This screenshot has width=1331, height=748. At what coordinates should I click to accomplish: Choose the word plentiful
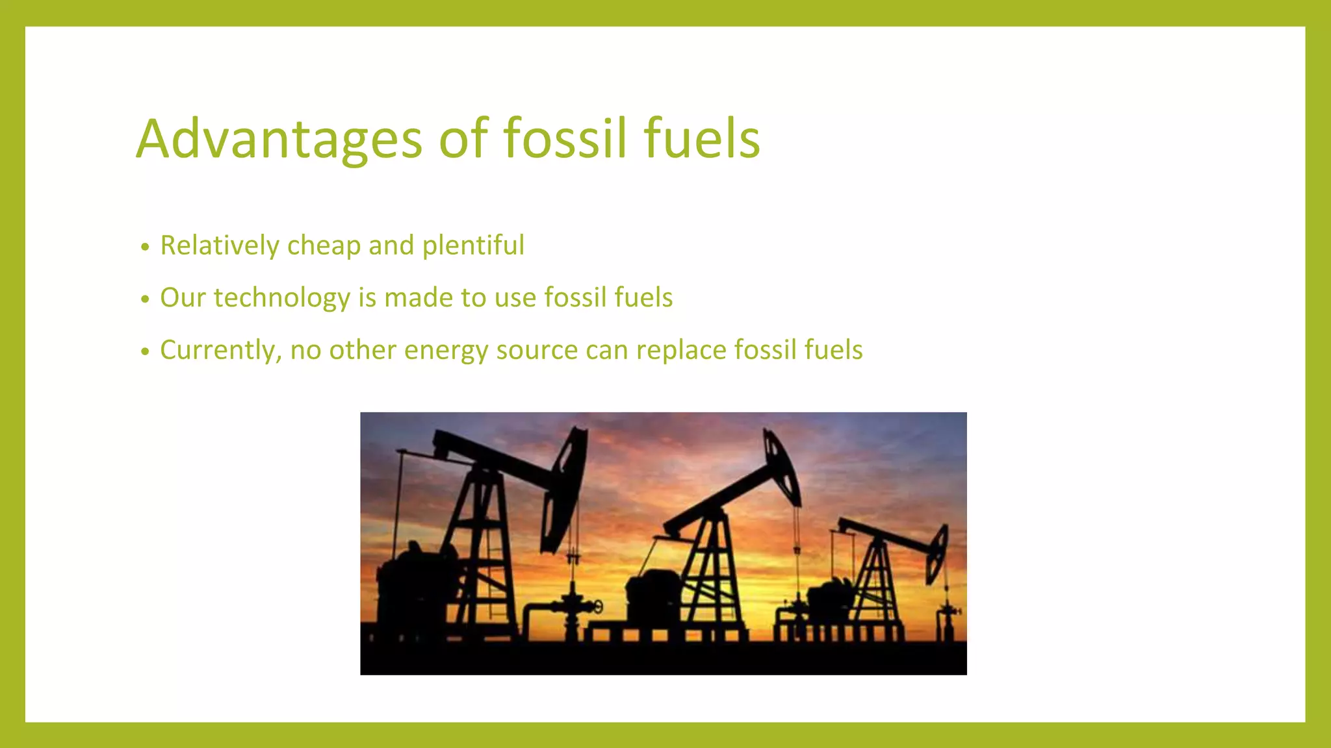[473, 245]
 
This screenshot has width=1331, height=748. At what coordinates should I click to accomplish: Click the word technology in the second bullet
[282, 298]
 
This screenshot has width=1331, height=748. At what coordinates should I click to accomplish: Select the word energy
[446, 351]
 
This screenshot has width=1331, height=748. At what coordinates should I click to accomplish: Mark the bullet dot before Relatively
[145, 247]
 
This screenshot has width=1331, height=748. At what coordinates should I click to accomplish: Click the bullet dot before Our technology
[145, 299]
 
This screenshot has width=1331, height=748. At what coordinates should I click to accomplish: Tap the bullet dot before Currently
[145, 352]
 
